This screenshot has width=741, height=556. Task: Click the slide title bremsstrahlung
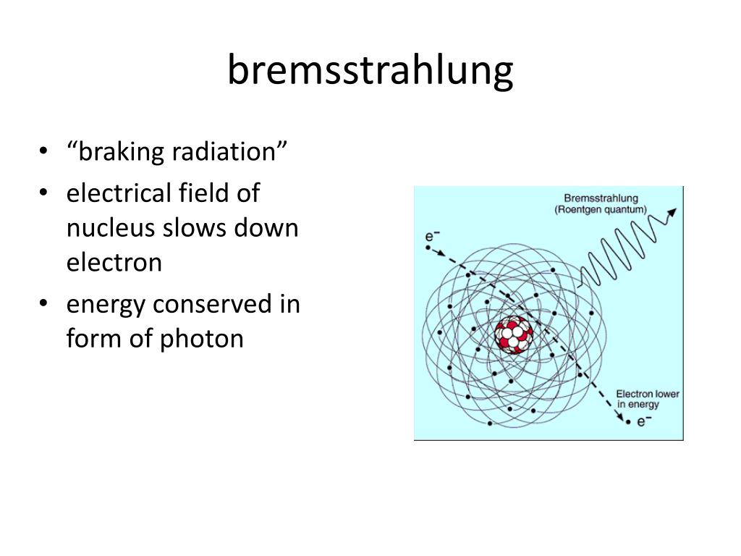370,71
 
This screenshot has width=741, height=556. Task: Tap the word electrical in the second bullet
114,193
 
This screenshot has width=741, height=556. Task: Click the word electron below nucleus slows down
114,262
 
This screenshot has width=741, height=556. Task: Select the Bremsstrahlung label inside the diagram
602,197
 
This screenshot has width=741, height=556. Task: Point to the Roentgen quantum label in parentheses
601,209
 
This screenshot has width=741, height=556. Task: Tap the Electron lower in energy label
647,399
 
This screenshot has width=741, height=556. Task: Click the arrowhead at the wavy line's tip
673,212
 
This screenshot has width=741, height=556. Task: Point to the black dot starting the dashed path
428,248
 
